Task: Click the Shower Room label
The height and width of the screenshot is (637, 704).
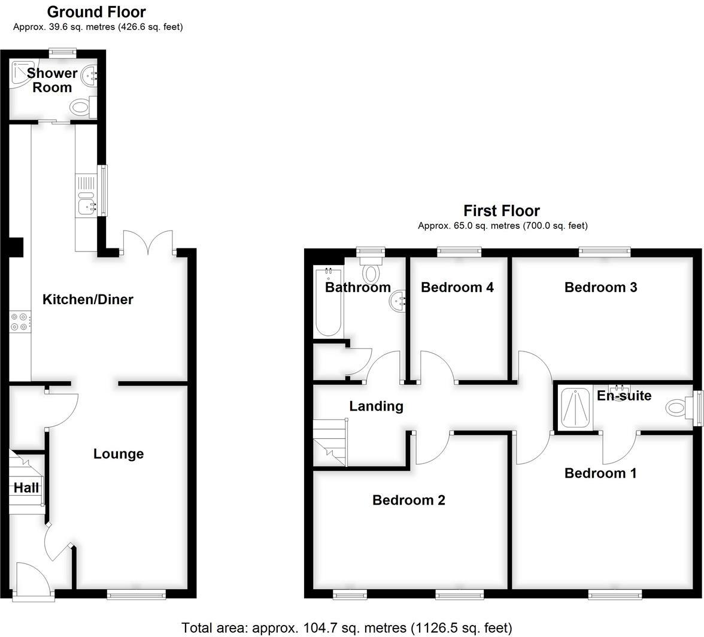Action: click(52, 80)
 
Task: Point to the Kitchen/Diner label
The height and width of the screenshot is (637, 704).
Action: click(87, 299)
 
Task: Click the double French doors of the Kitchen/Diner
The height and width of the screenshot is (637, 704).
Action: click(148, 244)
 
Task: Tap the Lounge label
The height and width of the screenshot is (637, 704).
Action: click(119, 454)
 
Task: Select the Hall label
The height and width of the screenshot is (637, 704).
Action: click(26, 487)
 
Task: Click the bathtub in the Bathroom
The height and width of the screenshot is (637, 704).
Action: click(328, 302)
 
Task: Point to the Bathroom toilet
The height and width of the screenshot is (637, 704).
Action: click(372, 271)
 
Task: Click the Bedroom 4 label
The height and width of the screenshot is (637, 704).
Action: click(457, 287)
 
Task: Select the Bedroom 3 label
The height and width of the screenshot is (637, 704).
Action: click(600, 287)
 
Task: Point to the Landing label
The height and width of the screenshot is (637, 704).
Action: click(376, 406)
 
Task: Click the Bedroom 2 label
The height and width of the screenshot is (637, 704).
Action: click(409, 500)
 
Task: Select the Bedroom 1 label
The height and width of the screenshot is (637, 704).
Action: click(600, 473)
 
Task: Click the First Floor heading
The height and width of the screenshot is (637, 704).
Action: click(502, 211)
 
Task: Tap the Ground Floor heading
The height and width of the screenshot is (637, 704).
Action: click(96, 12)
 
